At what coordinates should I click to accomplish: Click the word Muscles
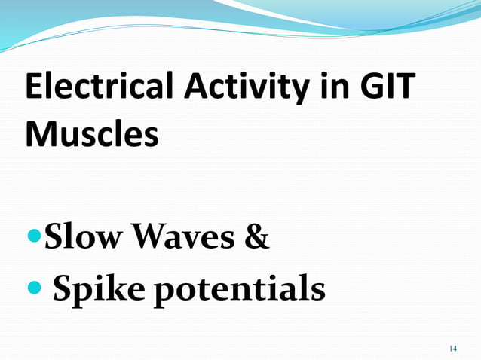[x=92, y=135]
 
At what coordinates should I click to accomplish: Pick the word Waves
[x=182, y=239]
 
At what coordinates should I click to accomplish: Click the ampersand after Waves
[x=257, y=239]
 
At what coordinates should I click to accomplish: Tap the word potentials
[x=240, y=288]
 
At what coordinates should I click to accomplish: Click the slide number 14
[x=452, y=348]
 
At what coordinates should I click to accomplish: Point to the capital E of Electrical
[x=35, y=89]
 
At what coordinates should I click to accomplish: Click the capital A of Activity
[x=197, y=89]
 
